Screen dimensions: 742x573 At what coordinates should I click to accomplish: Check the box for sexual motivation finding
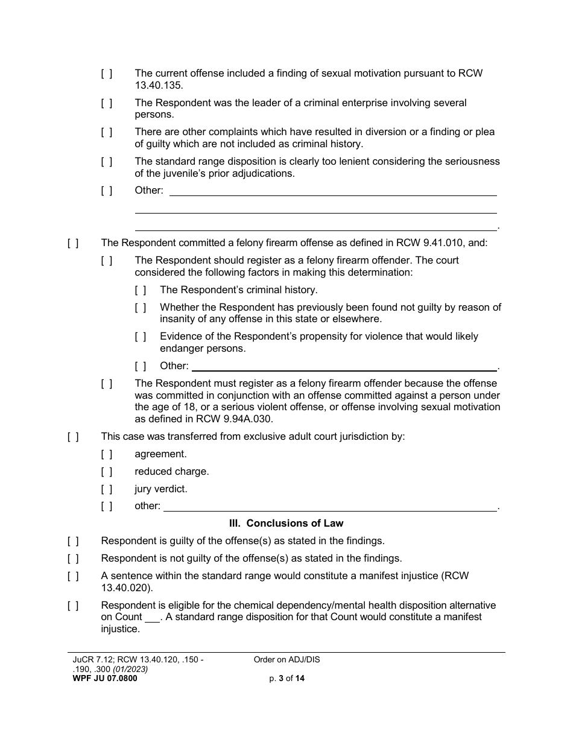click(106, 74)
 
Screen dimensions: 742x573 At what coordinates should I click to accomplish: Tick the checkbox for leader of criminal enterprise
click(106, 103)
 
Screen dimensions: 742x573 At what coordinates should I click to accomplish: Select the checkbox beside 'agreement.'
click(106, 454)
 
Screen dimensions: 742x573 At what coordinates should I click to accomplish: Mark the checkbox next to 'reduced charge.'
click(106, 472)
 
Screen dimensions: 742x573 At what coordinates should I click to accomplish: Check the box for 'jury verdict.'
click(106, 489)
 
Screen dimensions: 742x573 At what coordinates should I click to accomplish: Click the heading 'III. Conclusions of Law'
click(286, 524)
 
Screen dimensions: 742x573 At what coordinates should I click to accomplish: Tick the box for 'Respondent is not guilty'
click(72, 559)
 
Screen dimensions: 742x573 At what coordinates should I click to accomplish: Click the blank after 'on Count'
click(153, 618)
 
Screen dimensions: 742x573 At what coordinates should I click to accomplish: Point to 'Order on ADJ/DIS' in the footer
click(287, 660)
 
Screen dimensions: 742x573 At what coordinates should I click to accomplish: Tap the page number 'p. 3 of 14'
click(287, 678)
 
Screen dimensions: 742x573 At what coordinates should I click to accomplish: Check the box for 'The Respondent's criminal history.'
click(140, 290)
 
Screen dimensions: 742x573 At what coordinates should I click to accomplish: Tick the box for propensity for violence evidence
click(140, 337)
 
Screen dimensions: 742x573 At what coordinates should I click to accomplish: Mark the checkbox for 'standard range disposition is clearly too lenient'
click(106, 162)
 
